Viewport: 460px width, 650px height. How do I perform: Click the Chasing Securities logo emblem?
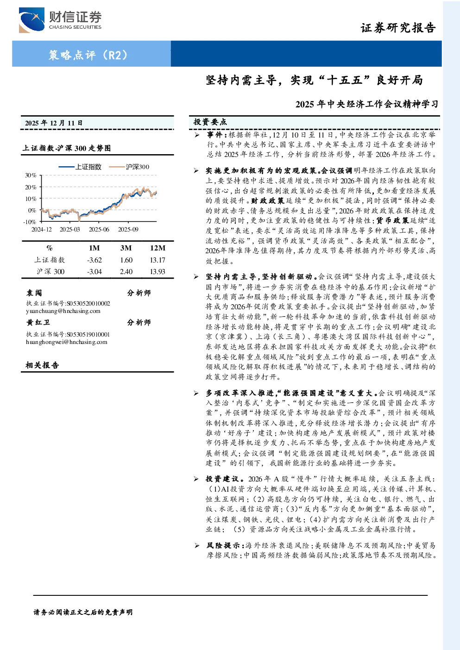point(32,20)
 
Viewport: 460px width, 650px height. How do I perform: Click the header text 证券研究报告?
point(398,28)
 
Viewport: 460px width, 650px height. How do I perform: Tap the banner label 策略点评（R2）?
point(88,55)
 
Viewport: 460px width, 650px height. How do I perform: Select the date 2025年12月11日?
point(54,123)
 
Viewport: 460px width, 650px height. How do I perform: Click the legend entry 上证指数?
point(80,167)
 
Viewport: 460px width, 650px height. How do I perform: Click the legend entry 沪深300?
point(129,167)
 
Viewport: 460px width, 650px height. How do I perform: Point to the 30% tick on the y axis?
point(31,175)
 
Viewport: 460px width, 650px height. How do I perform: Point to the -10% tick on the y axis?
point(30,222)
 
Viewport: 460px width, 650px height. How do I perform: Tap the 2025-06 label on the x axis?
point(99,230)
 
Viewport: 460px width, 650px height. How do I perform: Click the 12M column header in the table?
point(158,248)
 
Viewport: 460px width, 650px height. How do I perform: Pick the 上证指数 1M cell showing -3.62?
point(95,260)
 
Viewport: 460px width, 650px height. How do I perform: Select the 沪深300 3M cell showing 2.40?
point(126,272)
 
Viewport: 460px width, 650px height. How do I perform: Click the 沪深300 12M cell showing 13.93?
point(158,272)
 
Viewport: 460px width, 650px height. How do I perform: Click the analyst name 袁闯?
point(34,293)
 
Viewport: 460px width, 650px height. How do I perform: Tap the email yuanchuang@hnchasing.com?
point(63,311)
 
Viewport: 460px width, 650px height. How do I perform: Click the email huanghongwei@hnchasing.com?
point(67,342)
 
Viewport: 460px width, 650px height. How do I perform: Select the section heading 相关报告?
point(42,365)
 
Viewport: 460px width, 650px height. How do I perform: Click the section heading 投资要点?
point(210,122)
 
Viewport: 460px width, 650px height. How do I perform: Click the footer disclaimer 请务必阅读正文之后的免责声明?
point(83,612)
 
